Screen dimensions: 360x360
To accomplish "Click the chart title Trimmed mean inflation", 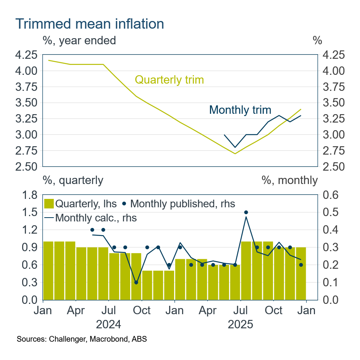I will (x=90, y=24).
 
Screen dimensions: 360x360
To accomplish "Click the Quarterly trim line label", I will (x=170, y=80).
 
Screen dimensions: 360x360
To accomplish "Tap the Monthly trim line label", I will (x=240, y=110).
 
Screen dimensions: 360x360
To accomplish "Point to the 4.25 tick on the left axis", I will (x=26, y=55).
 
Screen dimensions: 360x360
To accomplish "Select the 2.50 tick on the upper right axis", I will (x=333, y=167).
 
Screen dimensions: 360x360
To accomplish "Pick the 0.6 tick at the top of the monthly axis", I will (x=330, y=195).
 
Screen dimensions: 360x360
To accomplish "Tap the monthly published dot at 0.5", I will (x=246, y=212).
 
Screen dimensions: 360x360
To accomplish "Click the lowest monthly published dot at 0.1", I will (x=136, y=283).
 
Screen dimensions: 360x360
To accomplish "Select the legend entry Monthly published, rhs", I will (x=182, y=203).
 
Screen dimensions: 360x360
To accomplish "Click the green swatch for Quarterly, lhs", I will (x=49, y=203).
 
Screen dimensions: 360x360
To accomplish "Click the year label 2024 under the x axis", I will (x=109, y=325).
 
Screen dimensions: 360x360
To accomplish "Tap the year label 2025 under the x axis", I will (x=241, y=325).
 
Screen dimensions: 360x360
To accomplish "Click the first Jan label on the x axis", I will (x=43, y=310).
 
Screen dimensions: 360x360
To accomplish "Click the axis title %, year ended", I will (x=79, y=40).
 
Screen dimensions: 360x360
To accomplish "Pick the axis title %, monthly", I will (x=290, y=180).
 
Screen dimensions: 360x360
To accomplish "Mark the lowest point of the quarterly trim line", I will (x=235, y=153).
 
